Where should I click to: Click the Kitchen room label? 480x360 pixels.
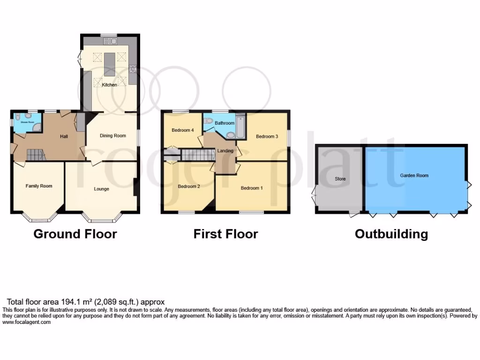pyautogui.click(x=110, y=85)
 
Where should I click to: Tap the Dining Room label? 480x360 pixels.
pyautogui.click(x=113, y=136)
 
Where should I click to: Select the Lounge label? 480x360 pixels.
pyautogui.click(x=101, y=189)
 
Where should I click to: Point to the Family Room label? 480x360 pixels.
pyautogui.click(x=39, y=186)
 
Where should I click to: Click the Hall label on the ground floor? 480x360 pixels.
pyautogui.click(x=64, y=136)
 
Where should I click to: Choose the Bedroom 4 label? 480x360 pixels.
pyautogui.click(x=182, y=130)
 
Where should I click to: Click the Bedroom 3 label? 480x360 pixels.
pyautogui.click(x=267, y=136)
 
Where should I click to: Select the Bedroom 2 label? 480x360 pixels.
pyautogui.click(x=189, y=186)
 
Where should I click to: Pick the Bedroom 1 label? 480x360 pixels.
pyautogui.click(x=252, y=188)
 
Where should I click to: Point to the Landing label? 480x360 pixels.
pyautogui.click(x=225, y=150)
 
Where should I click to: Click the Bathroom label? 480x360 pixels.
pyautogui.click(x=225, y=123)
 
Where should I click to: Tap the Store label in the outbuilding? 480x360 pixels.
pyautogui.click(x=340, y=179)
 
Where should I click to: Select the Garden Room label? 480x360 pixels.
pyautogui.click(x=414, y=175)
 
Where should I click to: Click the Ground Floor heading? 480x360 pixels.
pyautogui.click(x=75, y=233)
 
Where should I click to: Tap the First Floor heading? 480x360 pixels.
pyautogui.click(x=225, y=233)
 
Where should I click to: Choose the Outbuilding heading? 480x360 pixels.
pyautogui.click(x=391, y=233)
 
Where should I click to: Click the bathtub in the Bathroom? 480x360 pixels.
pyautogui.click(x=240, y=127)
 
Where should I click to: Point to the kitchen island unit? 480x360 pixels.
pyautogui.click(x=109, y=65)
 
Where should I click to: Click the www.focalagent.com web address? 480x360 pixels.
pyautogui.click(x=26, y=322)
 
